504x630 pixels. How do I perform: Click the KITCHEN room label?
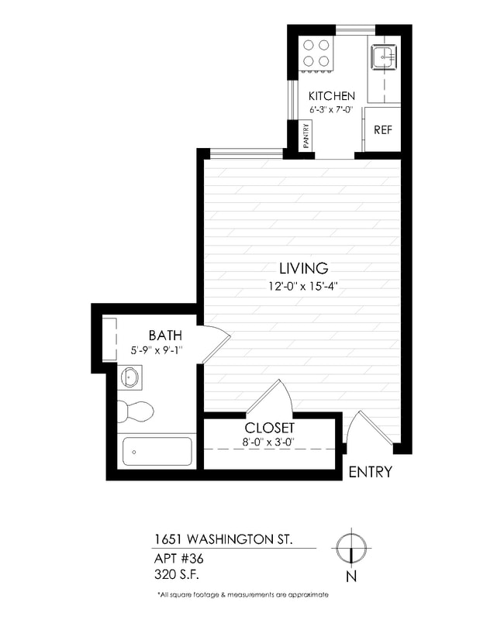point(331,96)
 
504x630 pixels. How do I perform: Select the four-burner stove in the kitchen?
point(316,53)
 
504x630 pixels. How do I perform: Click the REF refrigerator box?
point(382,130)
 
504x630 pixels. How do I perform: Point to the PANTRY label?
point(306,137)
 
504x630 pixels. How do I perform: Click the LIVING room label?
point(303,268)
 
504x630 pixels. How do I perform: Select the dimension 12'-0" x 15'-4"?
point(303,285)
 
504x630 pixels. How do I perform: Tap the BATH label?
point(165,336)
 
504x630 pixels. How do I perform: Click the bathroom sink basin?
point(130,377)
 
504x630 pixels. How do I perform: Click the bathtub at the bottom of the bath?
point(157,451)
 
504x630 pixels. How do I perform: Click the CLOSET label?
point(269,428)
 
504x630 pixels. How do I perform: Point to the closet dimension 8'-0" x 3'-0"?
point(269,443)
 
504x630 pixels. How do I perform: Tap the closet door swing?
point(271,397)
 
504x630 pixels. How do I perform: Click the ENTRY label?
point(370,472)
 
